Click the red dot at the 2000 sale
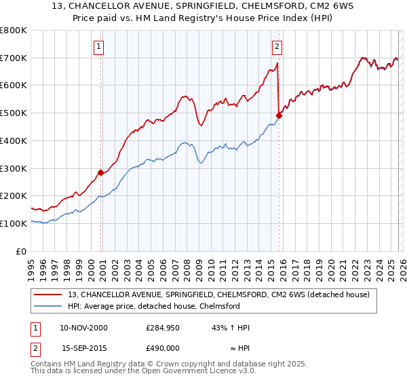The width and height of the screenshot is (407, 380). pyautogui.click(x=101, y=172)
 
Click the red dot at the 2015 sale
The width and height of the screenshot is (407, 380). pyautogui.click(x=279, y=115)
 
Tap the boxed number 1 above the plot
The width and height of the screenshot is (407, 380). pyautogui.click(x=99, y=47)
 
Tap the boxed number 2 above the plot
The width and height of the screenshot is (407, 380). pyautogui.click(x=277, y=47)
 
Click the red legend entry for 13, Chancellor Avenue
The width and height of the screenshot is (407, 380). pyautogui.click(x=217, y=294)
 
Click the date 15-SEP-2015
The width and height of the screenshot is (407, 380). pyautogui.click(x=83, y=347)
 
